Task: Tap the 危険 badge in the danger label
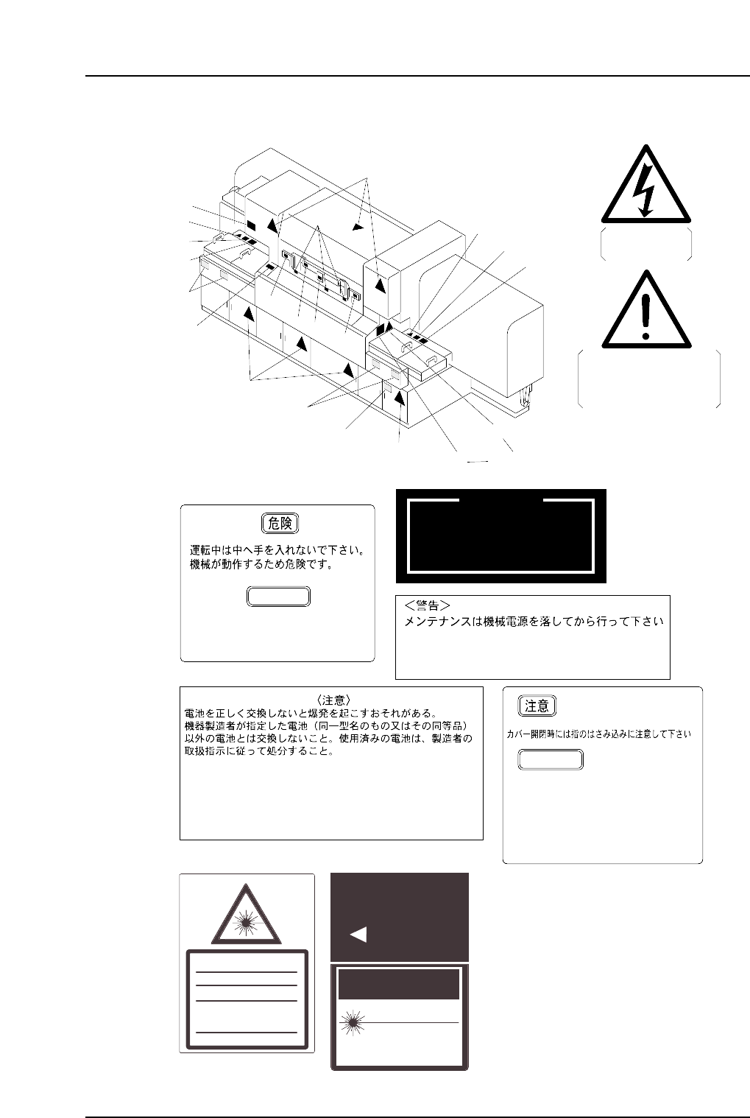pyautogui.click(x=280, y=524)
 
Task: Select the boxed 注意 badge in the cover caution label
pyautogui.click(x=537, y=706)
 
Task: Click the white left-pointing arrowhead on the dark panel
pyautogui.click(x=358, y=935)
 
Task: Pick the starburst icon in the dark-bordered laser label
pyautogui.click(x=352, y=1023)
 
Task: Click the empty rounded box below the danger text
pyautogui.click(x=278, y=597)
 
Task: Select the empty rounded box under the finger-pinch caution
pyautogui.click(x=551, y=759)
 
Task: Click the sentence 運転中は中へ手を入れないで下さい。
pyautogui.click(x=278, y=550)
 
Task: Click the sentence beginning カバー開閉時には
pyautogui.click(x=598, y=734)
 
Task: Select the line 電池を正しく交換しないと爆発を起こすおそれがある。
pyautogui.click(x=310, y=713)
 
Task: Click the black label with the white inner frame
pyautogui.click(x=500, y=535)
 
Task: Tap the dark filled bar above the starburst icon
pyautogui.click(x=398, y=985)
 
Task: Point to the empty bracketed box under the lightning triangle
pyautogui.click(x=645, y=244)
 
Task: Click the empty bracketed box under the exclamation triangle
pyautogui.click(x=648, y=379)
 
